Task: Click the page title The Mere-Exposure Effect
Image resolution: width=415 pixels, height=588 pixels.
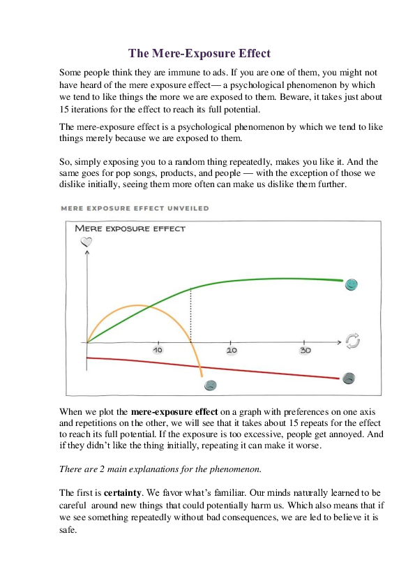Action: tap(199, 53)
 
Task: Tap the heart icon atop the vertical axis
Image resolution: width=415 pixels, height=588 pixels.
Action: tap(86, 242)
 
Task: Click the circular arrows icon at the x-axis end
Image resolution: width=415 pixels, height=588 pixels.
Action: tap(354, 341)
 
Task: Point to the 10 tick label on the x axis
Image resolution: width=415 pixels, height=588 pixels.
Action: tap(158, 350)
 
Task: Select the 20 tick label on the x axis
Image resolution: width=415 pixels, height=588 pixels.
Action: tap(232, 350)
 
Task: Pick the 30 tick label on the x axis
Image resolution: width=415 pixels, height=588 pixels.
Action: tap(305, 350)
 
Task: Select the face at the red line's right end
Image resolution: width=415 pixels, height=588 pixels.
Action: tap(349, 378)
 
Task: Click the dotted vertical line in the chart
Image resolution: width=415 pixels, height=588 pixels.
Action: tap(191, 314)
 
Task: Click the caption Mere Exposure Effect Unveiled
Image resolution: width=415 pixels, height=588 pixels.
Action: tap(134, 208)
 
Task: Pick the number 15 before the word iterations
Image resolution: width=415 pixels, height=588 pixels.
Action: tap(65, 110)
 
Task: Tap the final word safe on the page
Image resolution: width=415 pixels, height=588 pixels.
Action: tap(68, 530)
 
